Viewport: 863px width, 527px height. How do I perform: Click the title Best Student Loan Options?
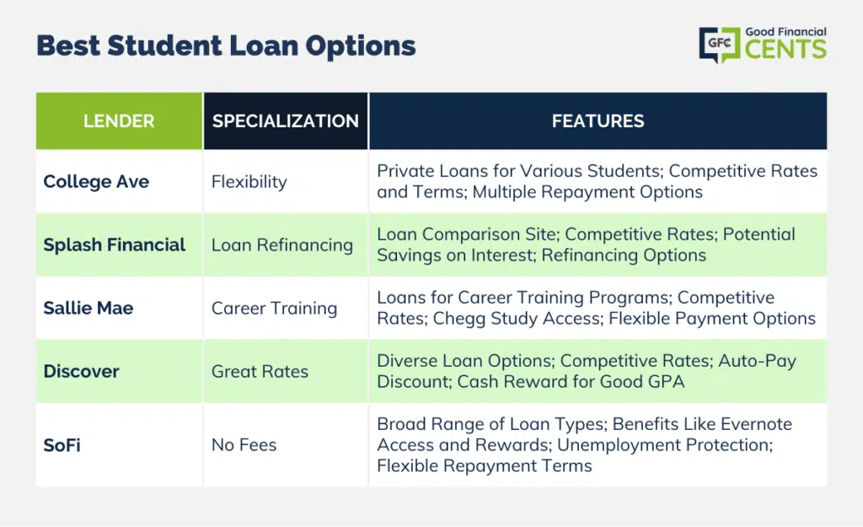click(226, 46)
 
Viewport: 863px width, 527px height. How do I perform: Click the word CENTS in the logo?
click(785, 51)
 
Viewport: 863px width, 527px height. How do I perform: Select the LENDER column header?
click(119, 121)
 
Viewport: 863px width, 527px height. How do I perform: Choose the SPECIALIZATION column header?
click(285, 121)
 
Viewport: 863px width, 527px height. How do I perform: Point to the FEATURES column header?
click(598, 121)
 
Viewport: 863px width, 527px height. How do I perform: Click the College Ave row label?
click(96, 182)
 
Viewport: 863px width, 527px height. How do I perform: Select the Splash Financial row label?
click(115, 245)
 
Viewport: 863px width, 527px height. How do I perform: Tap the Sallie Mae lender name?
click(88, 309)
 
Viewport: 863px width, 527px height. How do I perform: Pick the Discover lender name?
click(82, 372)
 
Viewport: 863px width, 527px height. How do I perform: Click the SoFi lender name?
click(62, 445)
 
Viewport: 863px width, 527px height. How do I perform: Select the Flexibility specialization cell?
click(249, 182)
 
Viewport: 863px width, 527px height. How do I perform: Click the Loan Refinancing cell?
click(282, 245)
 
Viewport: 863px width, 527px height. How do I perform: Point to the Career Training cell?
click(274, 309)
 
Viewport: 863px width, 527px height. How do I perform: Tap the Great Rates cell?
click(260, 372)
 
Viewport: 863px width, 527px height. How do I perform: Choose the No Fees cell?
click(244, 445)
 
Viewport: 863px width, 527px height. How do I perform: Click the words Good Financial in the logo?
click(785, 32)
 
